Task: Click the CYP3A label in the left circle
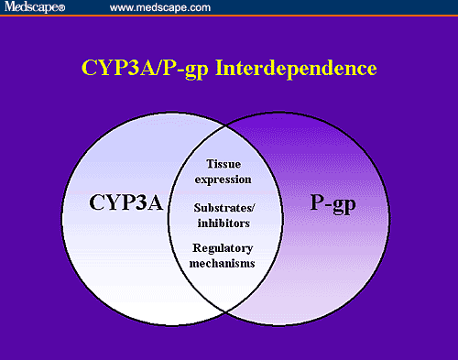click(x=123, y=203)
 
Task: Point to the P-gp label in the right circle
click(x=334, y=203)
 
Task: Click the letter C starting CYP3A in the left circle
click(x=97, y=203)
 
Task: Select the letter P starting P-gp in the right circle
click(x=316, y=203)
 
